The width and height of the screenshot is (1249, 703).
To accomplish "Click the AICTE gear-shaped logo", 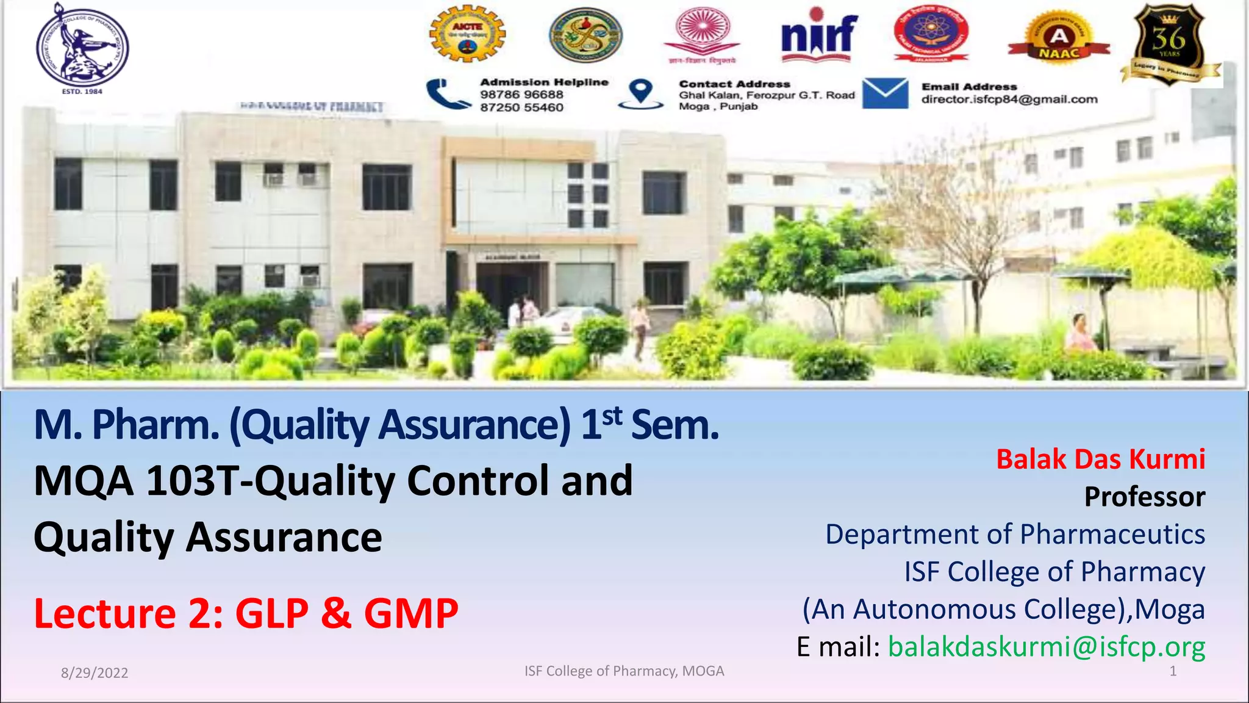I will coord(467,34).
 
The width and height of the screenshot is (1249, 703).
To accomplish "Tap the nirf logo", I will coord(819,35).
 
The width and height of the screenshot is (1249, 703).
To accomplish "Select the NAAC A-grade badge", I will coord(1059,40).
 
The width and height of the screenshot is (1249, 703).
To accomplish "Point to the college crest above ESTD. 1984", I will coord(82,46).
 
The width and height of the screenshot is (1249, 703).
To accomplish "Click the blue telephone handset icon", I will coord(448,95).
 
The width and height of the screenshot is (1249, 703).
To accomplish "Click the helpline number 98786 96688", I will coord(521,95).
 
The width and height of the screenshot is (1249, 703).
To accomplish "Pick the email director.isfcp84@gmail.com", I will coord(1009,99).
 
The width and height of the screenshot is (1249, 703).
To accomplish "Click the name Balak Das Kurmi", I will coord(1100,459).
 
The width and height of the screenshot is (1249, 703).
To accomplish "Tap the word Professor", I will coord(1144,497).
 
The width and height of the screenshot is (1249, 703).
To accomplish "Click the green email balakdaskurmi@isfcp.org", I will coord(1046,647).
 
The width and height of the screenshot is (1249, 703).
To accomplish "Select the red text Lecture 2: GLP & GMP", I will coord(246,613).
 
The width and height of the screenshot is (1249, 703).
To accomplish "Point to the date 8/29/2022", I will coord(95,673).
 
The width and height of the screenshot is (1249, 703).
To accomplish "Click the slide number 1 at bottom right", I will coord(1172,671).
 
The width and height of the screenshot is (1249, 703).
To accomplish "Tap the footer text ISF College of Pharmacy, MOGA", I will coord(624,671).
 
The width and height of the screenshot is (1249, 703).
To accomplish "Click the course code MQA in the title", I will coord(84,481).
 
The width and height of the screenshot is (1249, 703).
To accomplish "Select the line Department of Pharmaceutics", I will coord(1015,535).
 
